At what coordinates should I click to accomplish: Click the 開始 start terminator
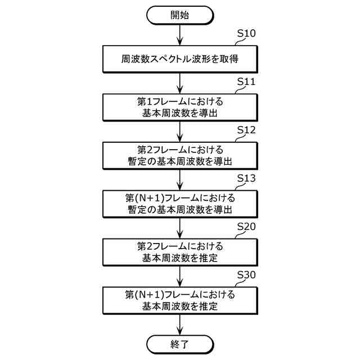click(180, 16)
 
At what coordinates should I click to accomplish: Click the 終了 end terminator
click(180, 344)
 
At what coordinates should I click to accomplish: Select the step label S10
click(246, 33)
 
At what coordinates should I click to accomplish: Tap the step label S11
click(246, 82)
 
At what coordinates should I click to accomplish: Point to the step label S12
click(246, 130)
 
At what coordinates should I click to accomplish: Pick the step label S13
click(246, 178)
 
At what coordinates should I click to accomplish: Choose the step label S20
click(246, 226)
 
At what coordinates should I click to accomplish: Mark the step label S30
click(246, 274)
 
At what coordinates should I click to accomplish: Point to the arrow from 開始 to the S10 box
click(180, 35)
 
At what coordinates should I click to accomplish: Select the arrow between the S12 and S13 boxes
click(180, 180)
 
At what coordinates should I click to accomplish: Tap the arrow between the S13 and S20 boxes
click(180, 228)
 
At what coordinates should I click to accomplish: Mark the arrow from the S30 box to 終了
click(180, 325)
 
